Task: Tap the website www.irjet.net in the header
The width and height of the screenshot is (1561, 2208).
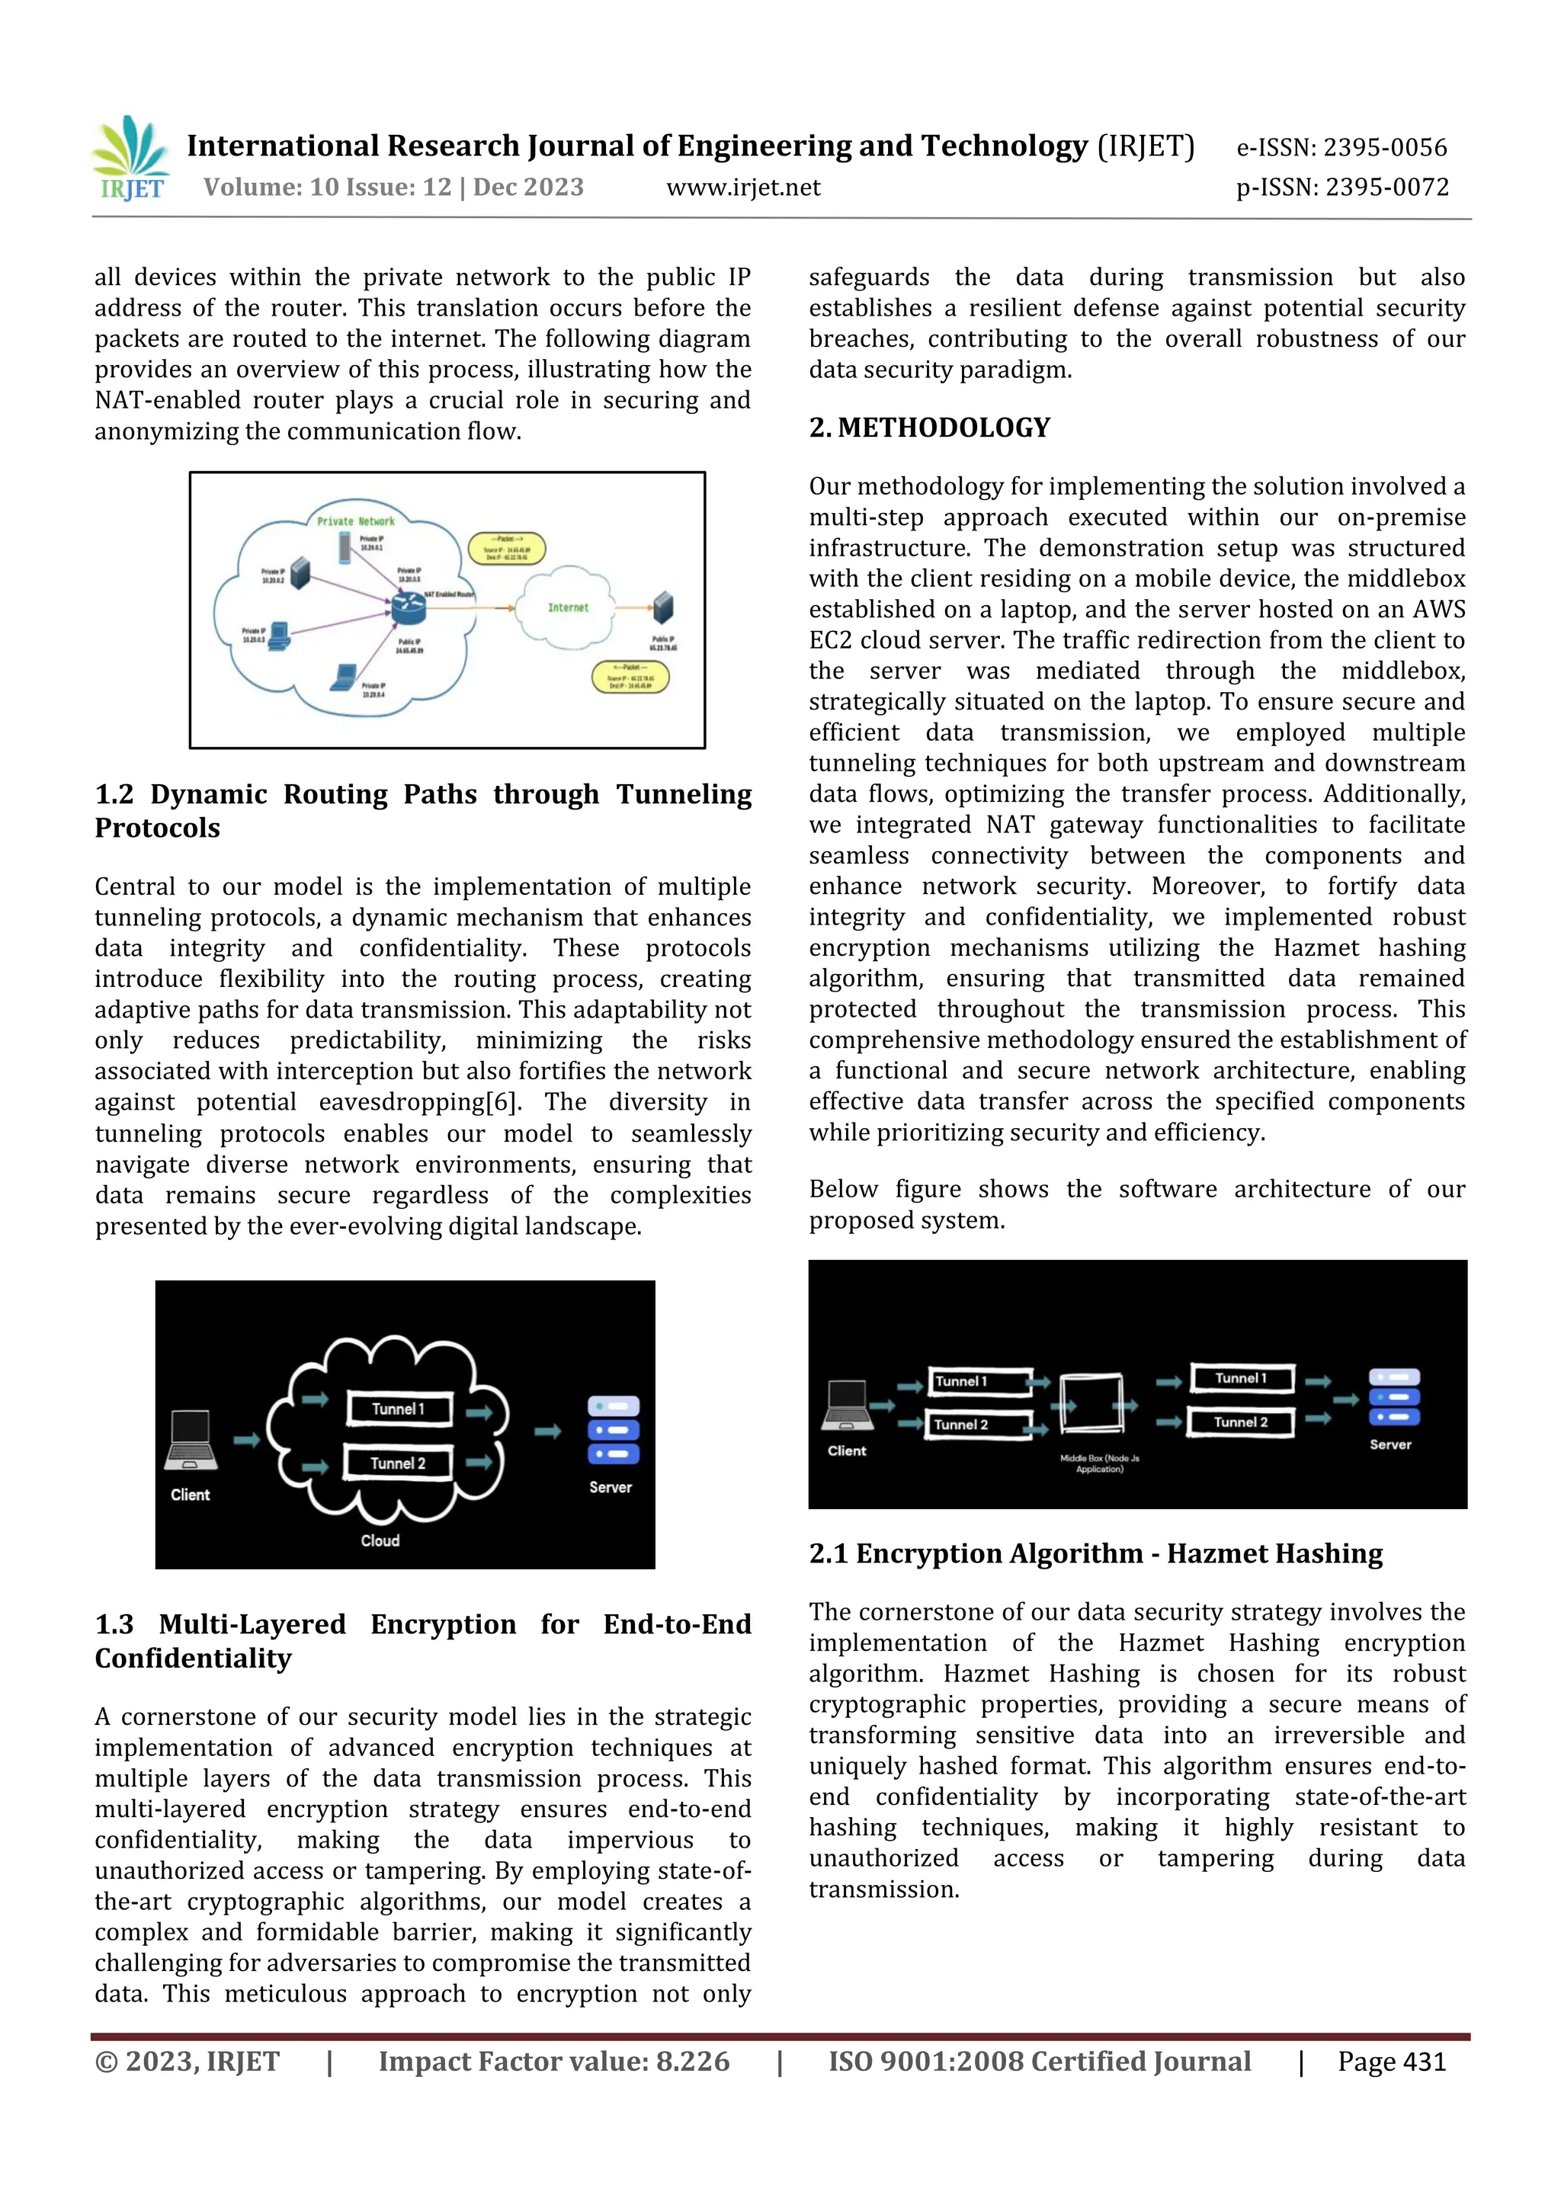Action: [x=742, y=187]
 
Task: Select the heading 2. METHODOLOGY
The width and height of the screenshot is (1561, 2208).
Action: [x=929, y=428]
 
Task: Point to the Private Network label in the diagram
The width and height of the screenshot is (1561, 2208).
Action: [x=356, y=521]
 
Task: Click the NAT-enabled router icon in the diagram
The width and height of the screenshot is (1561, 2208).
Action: [x=408, y=607]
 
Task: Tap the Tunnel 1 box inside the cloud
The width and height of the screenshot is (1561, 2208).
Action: [x=398, y=1408]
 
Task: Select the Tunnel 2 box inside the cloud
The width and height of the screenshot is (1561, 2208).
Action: [x=397, y=1463]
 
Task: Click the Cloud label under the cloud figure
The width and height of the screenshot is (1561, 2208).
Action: [x=380, y=1540]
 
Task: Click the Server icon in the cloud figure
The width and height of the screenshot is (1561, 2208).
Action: [x=613, y=1429]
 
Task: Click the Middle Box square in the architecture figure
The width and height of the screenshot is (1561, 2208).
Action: [x=1091, y=1405]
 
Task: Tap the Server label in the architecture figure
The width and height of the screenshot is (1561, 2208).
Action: [x=1390, y=1444]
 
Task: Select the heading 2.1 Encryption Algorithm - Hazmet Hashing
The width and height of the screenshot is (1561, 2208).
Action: [x=1095, y=1554]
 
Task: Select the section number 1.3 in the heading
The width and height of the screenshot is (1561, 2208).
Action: [x=114, y=1624]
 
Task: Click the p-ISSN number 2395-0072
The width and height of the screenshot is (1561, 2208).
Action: [x=1386, y=187]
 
